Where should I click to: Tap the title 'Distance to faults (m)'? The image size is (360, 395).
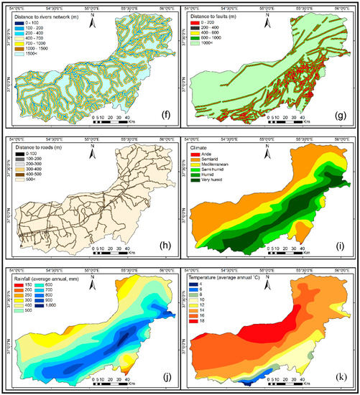click(x=223, y=17)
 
